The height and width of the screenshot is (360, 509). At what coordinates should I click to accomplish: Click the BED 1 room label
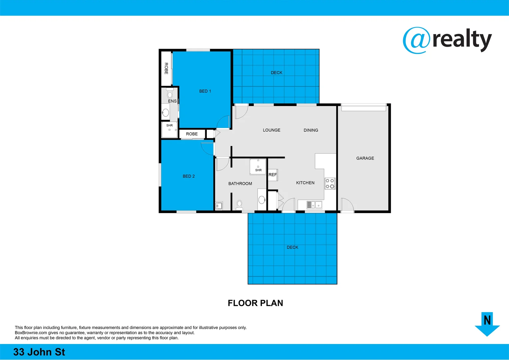coord(205,91)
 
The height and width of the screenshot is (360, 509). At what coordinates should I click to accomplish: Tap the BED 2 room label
coord(189,176)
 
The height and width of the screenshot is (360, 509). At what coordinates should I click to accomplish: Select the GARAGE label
coord(365,158)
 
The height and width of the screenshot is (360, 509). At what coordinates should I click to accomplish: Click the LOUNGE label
coord(271,130)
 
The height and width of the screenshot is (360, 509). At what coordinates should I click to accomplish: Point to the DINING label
coord(311,130)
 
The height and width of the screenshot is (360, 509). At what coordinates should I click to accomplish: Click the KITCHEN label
coord(305,183)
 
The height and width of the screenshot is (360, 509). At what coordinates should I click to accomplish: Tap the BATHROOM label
coord(240,184)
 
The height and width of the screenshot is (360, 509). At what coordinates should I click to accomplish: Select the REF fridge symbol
coord(272,175)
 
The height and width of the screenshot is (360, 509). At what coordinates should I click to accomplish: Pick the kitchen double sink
coord(314,205)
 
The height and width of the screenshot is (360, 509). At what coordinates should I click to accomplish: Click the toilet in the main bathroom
coord(239,204)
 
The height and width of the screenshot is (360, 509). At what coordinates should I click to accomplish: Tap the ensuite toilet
coord(170,93)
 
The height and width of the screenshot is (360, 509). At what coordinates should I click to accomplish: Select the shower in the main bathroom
coord(258,167)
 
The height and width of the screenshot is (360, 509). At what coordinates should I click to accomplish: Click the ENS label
coord(172,101)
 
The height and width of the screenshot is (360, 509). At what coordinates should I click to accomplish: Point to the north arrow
coord(487,324)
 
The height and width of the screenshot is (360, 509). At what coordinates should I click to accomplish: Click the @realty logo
coord(447,40)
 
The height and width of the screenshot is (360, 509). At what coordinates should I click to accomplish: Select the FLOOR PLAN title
coord(255,303)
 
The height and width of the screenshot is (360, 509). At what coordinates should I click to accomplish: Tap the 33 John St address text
coord(39,352)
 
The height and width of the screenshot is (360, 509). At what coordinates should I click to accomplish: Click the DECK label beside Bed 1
coord(276,73)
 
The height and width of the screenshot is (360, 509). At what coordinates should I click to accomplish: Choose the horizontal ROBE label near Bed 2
coord(192,134)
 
